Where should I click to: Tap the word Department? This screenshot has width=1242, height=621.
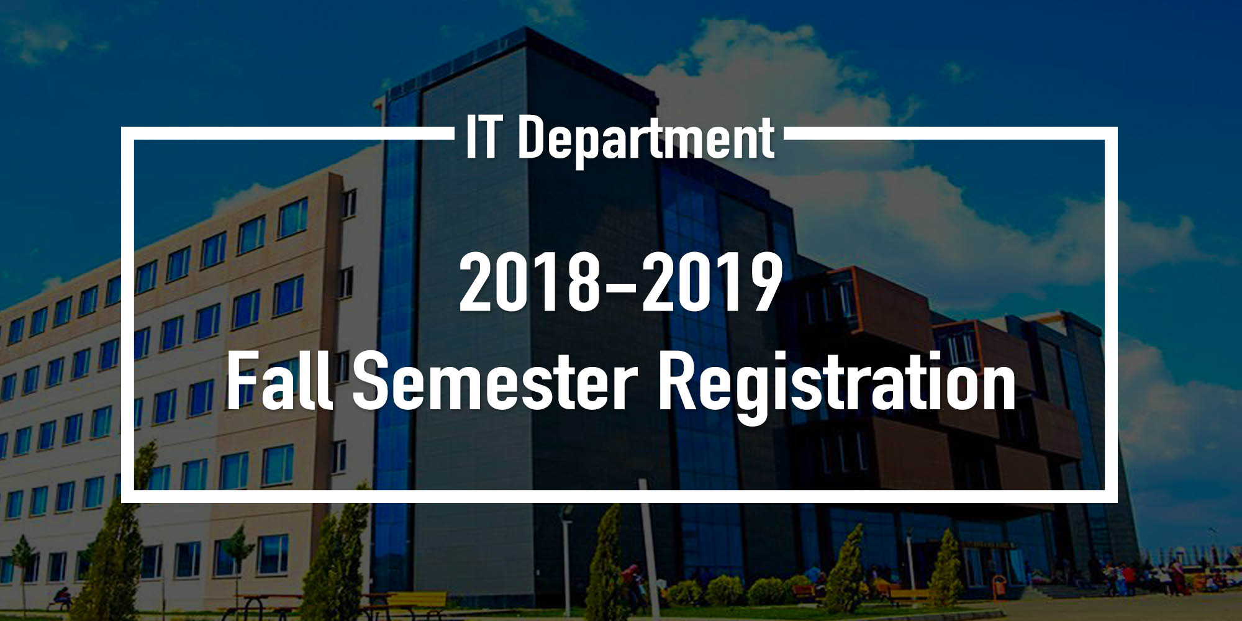click(646, 140)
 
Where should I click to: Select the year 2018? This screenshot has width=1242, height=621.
click(527, 283)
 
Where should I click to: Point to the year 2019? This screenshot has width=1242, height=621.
click(712, 283)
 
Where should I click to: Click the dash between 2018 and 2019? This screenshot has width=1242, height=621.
click(619, 287)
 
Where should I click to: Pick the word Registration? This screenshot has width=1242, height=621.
click(836, 385)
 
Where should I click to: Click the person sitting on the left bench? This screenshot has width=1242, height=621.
click(61, 597)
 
